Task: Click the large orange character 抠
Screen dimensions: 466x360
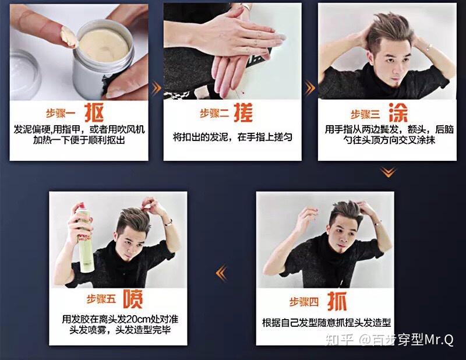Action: [94, 112]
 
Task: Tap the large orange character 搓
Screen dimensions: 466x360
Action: [243, 112]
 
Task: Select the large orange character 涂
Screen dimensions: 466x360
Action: [398, 112]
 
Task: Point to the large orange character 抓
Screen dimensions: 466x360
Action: [337, 301]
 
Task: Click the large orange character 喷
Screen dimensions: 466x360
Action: [133, 299]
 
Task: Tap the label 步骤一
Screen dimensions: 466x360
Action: [61, 114]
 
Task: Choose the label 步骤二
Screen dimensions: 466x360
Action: [214, 113]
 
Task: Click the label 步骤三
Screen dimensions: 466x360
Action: [366, 114]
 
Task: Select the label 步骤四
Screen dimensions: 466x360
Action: [304, 302]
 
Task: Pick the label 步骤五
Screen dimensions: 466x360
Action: [101, 299]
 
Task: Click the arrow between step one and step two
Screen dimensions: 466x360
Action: [156, 89]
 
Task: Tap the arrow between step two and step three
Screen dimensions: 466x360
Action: [310, 89]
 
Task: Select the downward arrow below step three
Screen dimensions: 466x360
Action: [388, 172]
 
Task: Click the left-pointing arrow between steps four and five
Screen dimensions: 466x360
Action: [221, 273]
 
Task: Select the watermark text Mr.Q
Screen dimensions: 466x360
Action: [439, 339]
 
